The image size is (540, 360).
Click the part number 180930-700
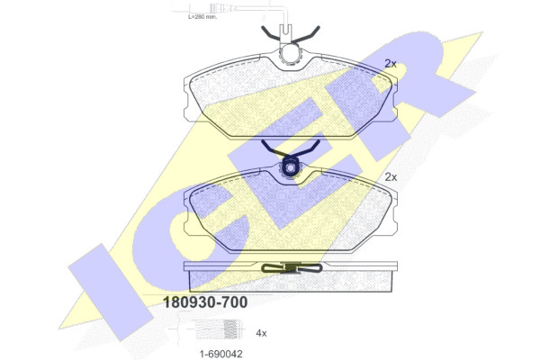pos(205,302)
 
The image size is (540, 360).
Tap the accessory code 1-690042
pos(221,354)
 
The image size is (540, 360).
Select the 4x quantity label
pos(261,333)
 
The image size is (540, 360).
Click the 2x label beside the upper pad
pos(391,63)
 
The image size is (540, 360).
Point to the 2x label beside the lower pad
pos(391,177)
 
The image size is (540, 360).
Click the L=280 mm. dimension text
pos(202,16)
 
